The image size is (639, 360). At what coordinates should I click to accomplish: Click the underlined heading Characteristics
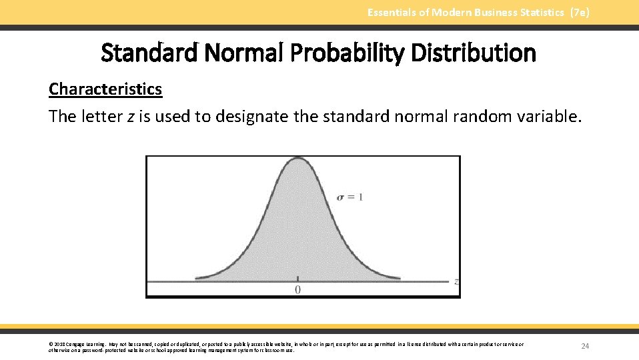[105, 89]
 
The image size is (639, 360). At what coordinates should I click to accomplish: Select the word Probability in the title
[347, 53]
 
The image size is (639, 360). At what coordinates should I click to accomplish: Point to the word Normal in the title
[245, 53]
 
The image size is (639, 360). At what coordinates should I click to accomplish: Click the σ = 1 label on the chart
[350, 197]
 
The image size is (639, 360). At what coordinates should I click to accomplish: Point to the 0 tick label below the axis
[297, 289]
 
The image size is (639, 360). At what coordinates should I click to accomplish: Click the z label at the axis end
[456, 281]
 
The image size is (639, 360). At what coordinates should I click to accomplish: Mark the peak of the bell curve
[297, 161]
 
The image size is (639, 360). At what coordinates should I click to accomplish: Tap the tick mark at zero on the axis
[297, 279]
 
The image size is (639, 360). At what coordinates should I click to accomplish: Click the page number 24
[585, 346]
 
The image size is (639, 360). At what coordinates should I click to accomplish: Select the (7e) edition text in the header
[580, 13]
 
